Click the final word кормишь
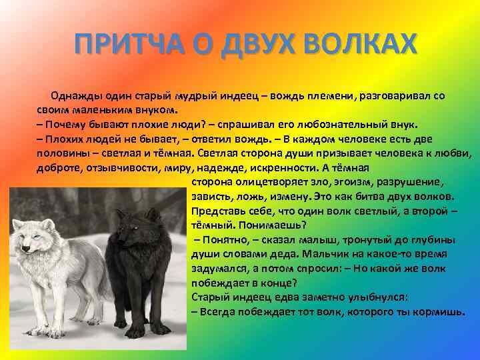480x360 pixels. (435, 311)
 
